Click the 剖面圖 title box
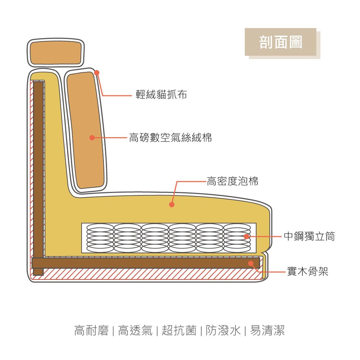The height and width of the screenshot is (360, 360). click(x=280, y=42)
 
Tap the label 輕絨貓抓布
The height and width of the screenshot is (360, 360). click(x=161, y=95)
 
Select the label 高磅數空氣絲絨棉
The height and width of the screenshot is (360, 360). click(x=170, y=137)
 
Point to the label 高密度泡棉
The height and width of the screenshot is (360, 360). click(x=232, y=181)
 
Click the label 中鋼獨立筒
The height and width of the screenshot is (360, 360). click(x=309, y=237)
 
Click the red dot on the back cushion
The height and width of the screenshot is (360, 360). click(x=92, y=138)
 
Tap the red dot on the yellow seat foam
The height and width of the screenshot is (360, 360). click(x=172, y=205)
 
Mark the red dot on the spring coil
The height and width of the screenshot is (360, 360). click(x=247, y=237)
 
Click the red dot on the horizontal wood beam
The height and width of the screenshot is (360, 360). click(x=251, y=264)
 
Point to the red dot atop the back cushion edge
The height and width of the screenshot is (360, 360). click(x=96, y=73)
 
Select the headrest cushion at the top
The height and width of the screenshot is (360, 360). click(x=55, y=53)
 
